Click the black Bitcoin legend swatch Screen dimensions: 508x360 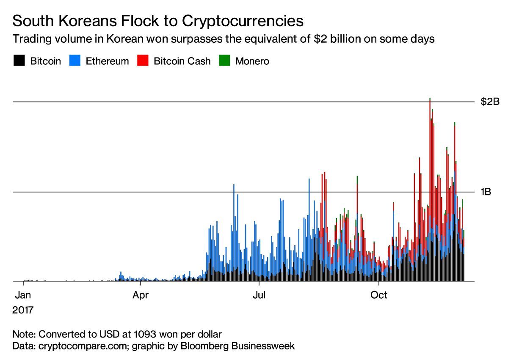19,60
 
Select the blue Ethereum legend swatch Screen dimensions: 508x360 75,60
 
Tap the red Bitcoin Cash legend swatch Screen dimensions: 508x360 143,60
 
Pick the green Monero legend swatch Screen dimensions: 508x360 224,60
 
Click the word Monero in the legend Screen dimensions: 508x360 252,61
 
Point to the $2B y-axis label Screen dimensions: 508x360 490,102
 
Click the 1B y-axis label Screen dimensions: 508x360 486,192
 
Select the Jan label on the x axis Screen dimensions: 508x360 23,295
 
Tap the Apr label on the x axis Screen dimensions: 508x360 141,295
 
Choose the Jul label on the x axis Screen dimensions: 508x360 259,295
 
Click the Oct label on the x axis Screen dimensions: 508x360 379,295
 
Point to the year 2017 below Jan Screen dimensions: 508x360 23,310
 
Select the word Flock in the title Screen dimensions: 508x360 140,21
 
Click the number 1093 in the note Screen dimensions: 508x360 145,334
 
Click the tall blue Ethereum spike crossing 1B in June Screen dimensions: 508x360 234,233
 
